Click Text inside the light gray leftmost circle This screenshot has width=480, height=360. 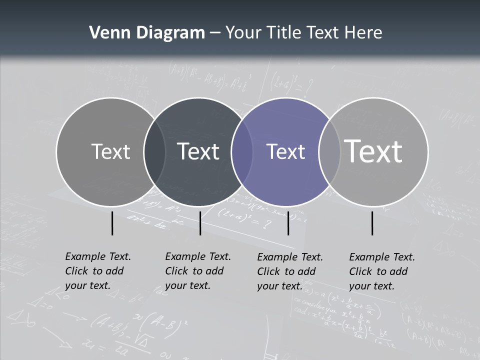pyautogui.click(x=110, y=151)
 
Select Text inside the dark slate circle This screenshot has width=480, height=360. pyautogui.click(x=198, y=151)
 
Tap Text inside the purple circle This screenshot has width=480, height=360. pyautogui.click(x=286, y=151)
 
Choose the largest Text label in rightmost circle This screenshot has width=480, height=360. pyautogui.click(x=373, y=151)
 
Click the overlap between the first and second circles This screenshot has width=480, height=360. pyautogui.click(x=154, y=152)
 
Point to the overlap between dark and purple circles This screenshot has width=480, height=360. pyautogui.click(x=242, y=152)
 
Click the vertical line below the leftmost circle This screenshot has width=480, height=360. pyautogui.click(x=112, y=223)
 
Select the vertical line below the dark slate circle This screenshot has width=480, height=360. pyautogui.click(x=200, y=223)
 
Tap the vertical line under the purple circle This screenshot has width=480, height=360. pyautogui.click(x=288, y=223)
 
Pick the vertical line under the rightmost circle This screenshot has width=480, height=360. pyautogui.click(x=372, y=223)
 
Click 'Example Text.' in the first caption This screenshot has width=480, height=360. pyautogui.click(x=98, y=256)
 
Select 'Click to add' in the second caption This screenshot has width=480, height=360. pyautogui.click(x=194, y=271)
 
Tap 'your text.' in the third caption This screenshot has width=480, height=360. pyautogui.click(x=279, y=286)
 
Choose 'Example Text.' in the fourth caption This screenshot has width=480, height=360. pyautogui.click(x=382, y=257)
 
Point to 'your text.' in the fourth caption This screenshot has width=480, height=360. pyautogui.click(x=371, y=286)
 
